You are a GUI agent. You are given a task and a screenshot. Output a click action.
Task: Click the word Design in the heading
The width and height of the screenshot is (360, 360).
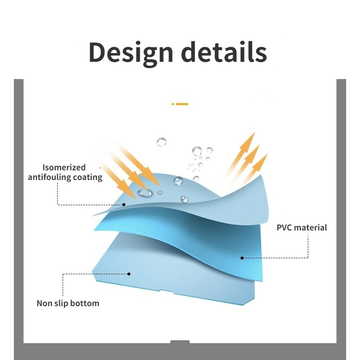131,53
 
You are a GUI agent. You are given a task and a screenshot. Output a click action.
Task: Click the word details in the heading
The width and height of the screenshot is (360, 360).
224,51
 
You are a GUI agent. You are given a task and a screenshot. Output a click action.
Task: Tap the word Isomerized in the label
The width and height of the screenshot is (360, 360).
64,167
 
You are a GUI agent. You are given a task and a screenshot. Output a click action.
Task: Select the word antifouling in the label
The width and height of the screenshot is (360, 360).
49,177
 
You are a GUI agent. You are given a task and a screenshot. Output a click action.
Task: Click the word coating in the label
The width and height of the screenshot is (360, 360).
87,177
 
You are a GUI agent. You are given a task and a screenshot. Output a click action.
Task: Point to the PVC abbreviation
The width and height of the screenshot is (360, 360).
284,228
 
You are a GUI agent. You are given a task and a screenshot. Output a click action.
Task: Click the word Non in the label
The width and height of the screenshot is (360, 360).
43,303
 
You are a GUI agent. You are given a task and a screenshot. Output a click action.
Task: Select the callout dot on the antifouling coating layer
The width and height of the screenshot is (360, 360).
124,204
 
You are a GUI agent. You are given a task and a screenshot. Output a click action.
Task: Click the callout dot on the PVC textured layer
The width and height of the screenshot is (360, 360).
242,258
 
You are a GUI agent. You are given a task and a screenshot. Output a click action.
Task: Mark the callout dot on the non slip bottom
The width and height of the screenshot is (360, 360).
129,274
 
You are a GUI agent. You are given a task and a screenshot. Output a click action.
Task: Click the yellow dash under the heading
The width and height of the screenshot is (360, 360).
182,104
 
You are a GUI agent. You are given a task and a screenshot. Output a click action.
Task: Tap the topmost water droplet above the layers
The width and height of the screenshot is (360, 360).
161,142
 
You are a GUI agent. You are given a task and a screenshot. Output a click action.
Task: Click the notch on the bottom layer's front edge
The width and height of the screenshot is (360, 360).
166,291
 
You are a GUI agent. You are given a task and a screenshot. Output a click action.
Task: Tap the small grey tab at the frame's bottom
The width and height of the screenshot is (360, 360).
180,341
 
